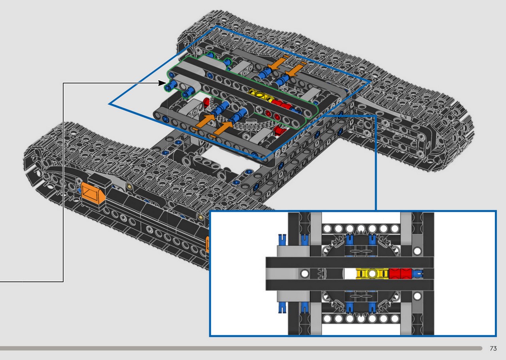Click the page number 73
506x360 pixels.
coord(493,348)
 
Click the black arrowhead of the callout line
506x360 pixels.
coord(162,83)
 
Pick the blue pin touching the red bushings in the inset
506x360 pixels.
coord(417,274)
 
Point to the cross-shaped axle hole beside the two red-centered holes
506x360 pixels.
coord(259,110)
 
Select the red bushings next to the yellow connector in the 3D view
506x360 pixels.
coord(282,105)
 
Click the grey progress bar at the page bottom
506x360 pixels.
coord(241,348)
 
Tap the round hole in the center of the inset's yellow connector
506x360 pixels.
coord(372,274)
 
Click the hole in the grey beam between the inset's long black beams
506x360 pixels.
coord(304,274)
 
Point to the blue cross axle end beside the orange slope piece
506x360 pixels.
coord(79,190)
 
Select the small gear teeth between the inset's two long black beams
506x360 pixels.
coord(322,274)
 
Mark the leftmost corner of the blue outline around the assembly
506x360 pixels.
coord(109,104)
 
